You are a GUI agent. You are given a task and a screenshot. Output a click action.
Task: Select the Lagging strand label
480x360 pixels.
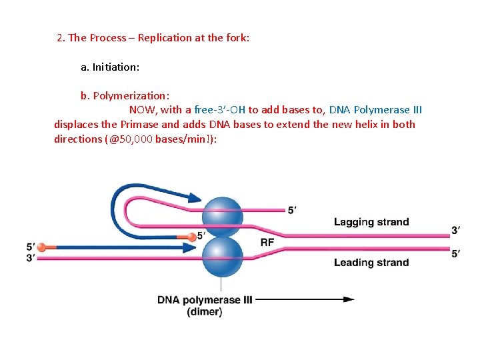coord(371,222)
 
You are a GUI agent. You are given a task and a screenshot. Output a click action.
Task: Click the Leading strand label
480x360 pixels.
coord(371,262)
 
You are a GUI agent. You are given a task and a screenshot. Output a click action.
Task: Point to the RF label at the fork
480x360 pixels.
coord(267,243)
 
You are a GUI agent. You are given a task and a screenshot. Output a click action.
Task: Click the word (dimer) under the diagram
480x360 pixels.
coord(205,311)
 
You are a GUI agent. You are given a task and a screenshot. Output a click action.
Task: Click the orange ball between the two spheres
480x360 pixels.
coord(191,235)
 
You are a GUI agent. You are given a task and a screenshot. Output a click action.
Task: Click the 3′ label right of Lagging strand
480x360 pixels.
coord(456,231)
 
